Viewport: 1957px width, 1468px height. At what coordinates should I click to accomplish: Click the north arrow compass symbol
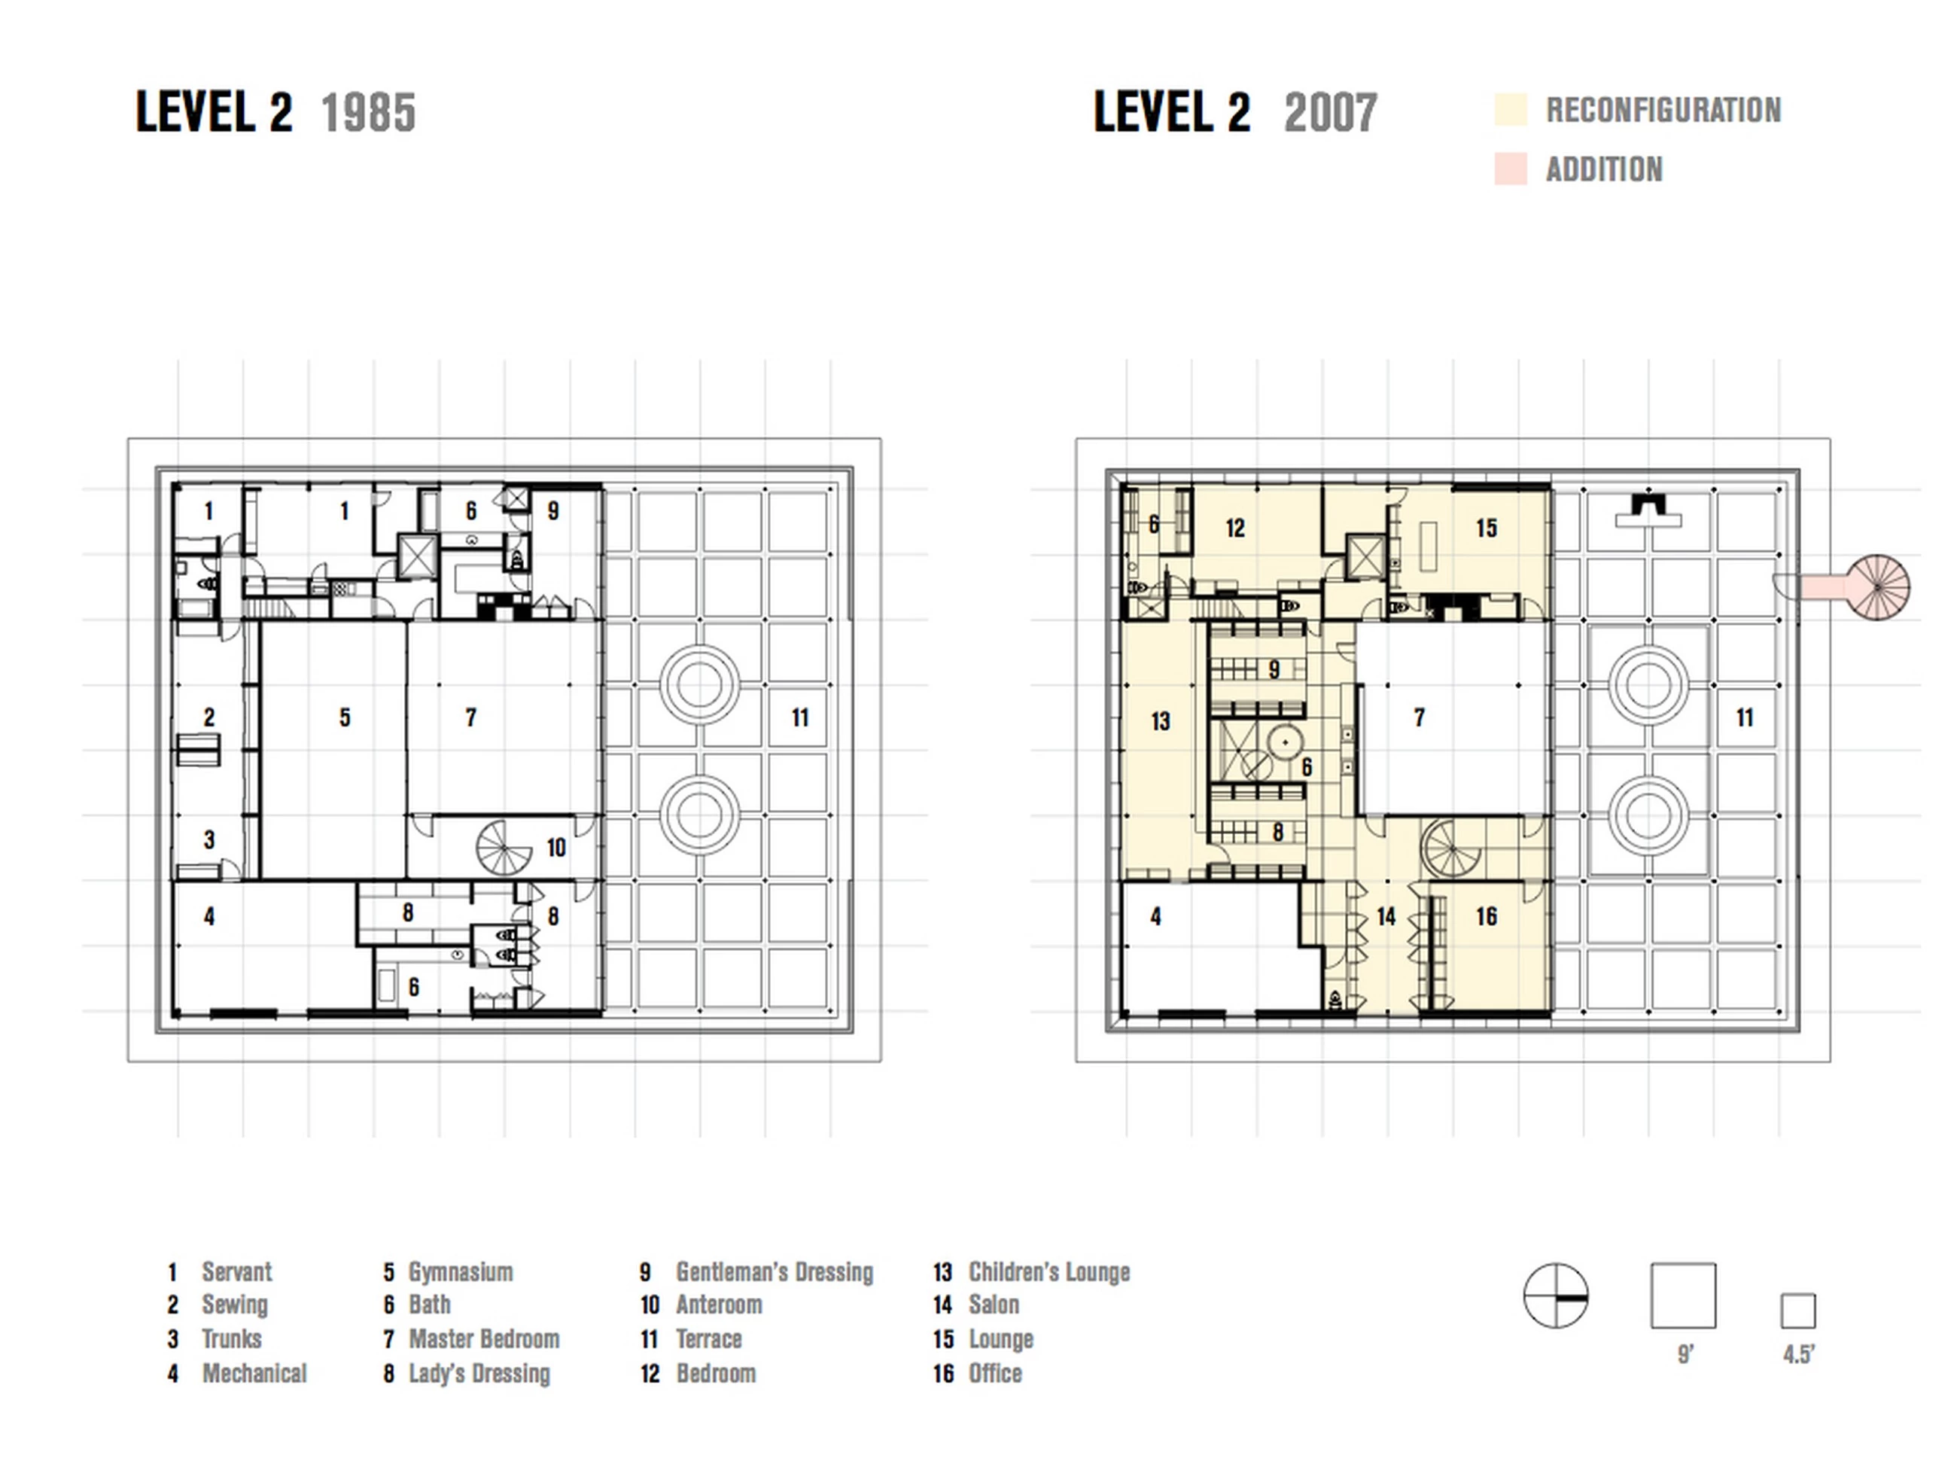[1555, 1296]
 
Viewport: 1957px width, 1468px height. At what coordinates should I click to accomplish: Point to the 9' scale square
[1683, 1296]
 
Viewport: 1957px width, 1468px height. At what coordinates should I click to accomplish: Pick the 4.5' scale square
[1797, 1311]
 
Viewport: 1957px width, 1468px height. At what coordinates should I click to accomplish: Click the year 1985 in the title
[368, 112]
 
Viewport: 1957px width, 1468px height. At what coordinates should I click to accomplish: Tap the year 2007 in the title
[1331, 112]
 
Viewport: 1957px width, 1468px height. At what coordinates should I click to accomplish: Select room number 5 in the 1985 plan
[345, 717]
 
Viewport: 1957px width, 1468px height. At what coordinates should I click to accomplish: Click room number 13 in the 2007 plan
[1161, 721]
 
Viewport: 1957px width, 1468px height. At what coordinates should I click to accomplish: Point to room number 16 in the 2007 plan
[1487, 916]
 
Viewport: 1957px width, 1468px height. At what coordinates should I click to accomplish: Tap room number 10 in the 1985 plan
[555, 848]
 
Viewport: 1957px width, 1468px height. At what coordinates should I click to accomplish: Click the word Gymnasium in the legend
[460, 1272]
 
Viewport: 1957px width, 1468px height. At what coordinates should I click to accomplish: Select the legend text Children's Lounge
[1049, 1272]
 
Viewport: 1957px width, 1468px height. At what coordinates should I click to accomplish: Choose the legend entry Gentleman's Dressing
[774, 1272]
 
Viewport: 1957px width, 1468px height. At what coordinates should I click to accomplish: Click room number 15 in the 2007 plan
[1487, 528]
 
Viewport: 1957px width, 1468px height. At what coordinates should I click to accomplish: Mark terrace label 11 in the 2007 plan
[1745, 717]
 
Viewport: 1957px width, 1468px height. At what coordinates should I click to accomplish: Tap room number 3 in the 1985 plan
[208, 839]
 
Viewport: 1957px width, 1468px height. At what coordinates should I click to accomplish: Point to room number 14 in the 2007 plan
[1386, 916]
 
